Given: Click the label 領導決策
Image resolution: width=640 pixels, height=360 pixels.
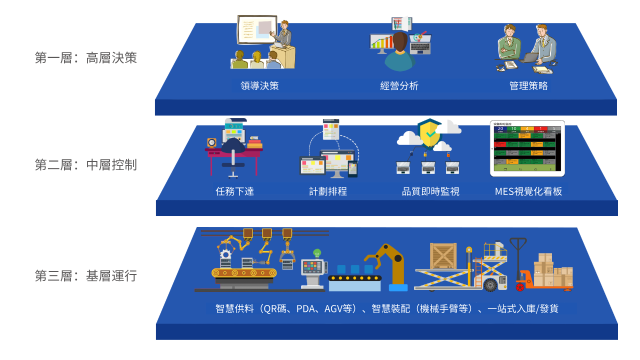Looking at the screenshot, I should (259, 86).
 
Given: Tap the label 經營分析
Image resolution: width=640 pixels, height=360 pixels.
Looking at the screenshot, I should (399, 86).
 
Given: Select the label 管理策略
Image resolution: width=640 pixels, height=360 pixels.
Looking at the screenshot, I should (528, 86).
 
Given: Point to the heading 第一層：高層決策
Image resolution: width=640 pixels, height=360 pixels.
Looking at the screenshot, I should (85, 58).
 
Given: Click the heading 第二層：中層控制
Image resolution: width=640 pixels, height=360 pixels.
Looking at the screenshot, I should (85, 164).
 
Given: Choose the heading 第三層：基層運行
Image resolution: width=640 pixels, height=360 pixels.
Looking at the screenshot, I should (85, 275).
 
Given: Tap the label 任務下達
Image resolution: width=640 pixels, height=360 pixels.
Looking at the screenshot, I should (234, 191).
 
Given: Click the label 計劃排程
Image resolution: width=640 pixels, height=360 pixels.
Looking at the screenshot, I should (328, 191).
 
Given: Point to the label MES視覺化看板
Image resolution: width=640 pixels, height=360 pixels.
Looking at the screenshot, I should (528, 191).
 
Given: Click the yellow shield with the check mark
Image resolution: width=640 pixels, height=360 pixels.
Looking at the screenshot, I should (429, 133).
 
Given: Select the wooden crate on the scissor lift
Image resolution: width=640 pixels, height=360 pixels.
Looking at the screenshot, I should (443, 255).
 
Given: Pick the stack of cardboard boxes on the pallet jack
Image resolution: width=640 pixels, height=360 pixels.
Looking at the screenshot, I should (553, 270).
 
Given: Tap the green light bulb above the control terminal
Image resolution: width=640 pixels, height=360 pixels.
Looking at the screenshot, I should (316, 253).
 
